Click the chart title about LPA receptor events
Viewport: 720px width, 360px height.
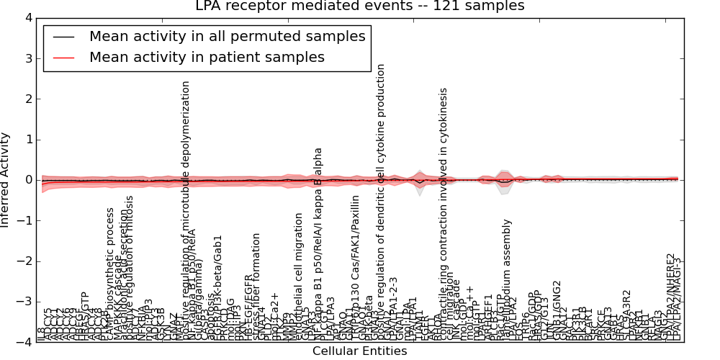(x=360, y=6)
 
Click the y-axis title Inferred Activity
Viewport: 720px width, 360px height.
(x=6, y=179)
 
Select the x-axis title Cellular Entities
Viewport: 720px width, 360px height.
(x=359, y=351)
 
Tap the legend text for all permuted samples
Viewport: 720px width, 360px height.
(x=227, y=36)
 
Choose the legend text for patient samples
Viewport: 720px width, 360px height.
(x=207, y=57)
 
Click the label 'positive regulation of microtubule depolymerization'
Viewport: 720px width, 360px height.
(x=186, y=209)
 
